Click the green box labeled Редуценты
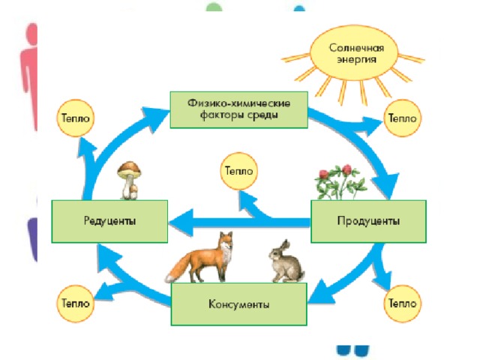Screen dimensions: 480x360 pyautogui.click(x=109, y=221)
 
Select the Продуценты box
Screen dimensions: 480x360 pyautogui.click(x=368, y=221)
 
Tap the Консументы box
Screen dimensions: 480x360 pyautogui.click(x=238, y=304)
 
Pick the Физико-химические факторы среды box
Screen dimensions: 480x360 pyautogui.click(x=238, y=109)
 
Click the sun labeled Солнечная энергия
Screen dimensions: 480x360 pyautogui.click(x=354, y=53)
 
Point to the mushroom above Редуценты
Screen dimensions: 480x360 pyautogui.click(x=130, y=181)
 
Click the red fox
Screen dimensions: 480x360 pyautogui.click(x=200, y=258)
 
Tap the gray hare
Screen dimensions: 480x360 pyautogui.click(x=286, y=262)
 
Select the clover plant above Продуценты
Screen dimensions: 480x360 pyautogui.click(x=340, y=182)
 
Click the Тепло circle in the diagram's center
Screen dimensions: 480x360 pyautogui.click(x=238, y=171)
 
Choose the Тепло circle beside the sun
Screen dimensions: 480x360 pyautogui.click(x=402, y=118)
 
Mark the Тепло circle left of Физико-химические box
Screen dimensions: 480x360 pyautogui.click(x=75, y=118)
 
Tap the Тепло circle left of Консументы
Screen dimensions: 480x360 pyautogui.click(x=75, y=303)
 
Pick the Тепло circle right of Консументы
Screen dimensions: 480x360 pyautogui.click(x=402, y=303)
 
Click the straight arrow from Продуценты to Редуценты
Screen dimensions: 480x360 pyautogui.click(x=239, y=222)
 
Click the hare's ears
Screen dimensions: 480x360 pyautogui.click(x=285, y=247)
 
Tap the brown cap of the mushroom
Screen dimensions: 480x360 pyautogui.click(x=130, y=169)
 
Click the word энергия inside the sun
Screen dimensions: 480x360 pyautogui.click(x=357, y=60)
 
